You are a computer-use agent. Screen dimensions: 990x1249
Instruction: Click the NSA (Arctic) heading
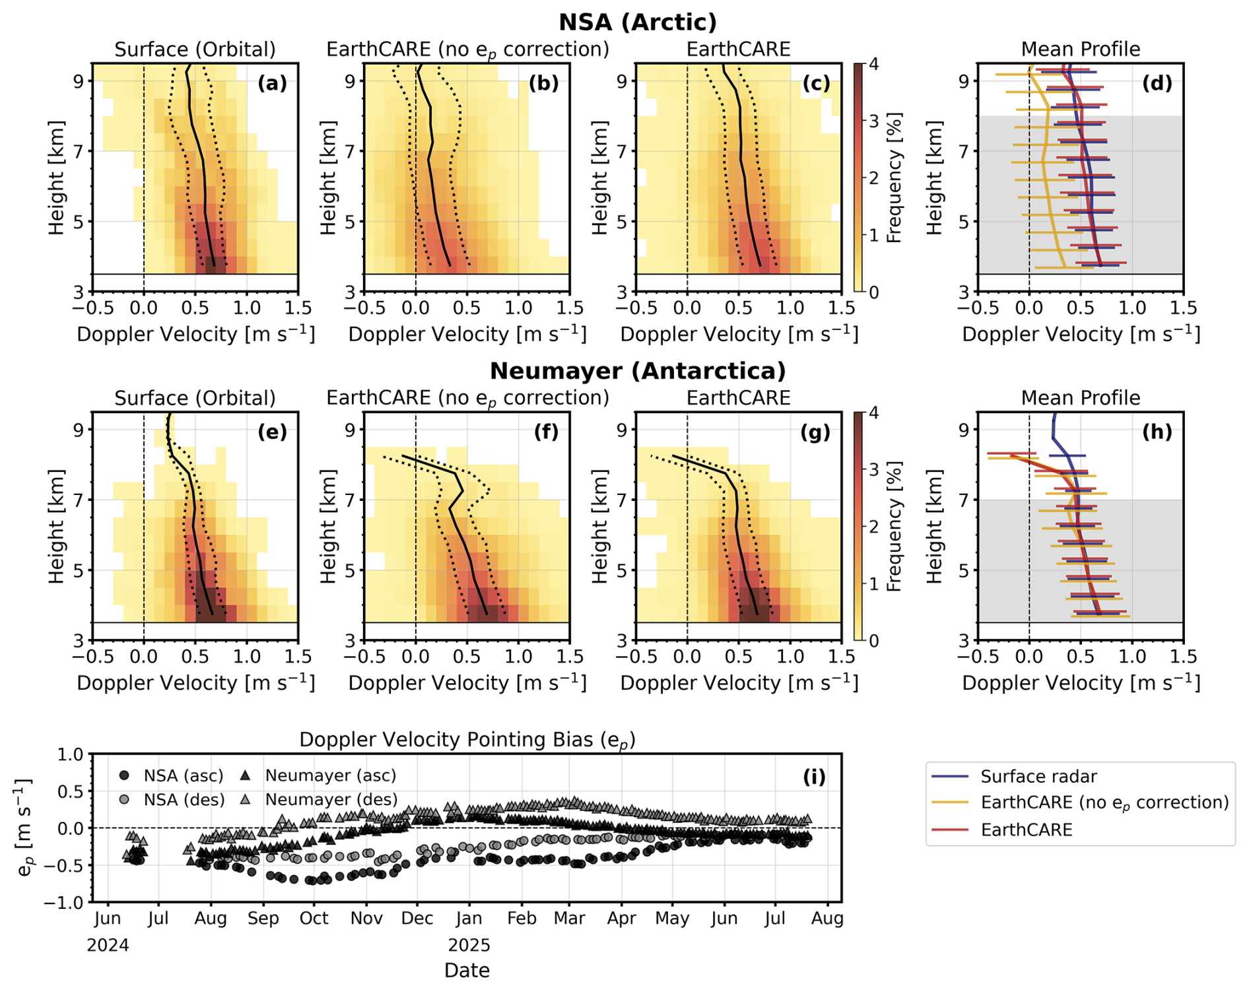[637, 22]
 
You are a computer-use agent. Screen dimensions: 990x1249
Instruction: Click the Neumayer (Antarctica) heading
[637, 371]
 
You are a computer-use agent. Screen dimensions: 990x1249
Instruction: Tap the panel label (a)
[272, 83]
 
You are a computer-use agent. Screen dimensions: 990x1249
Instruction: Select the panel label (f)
[546, 432]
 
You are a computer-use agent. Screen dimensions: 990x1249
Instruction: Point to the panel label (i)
[814, 777]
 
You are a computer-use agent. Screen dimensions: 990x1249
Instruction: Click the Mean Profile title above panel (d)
[1080, 49]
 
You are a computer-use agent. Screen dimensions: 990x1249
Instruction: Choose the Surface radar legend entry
[1038, 777]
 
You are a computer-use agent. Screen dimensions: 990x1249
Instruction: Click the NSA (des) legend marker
[124, 800]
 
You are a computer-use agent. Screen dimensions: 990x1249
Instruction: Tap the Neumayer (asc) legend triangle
[245, 775]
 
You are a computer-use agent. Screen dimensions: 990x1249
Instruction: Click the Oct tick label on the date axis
[314, 919]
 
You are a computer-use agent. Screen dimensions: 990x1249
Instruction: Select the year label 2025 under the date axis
[469, 946]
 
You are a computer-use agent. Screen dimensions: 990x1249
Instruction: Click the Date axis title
[467, 970]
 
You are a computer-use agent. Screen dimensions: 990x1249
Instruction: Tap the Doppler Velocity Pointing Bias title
[467, 740]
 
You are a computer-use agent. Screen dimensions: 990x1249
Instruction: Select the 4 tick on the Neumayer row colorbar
[873, 413]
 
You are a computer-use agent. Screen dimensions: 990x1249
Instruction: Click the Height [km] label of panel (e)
[57, 526]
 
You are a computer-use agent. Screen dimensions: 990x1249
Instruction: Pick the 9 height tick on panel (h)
[964, 430]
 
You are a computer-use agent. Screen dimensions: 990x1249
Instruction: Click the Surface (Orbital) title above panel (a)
[195, 49]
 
